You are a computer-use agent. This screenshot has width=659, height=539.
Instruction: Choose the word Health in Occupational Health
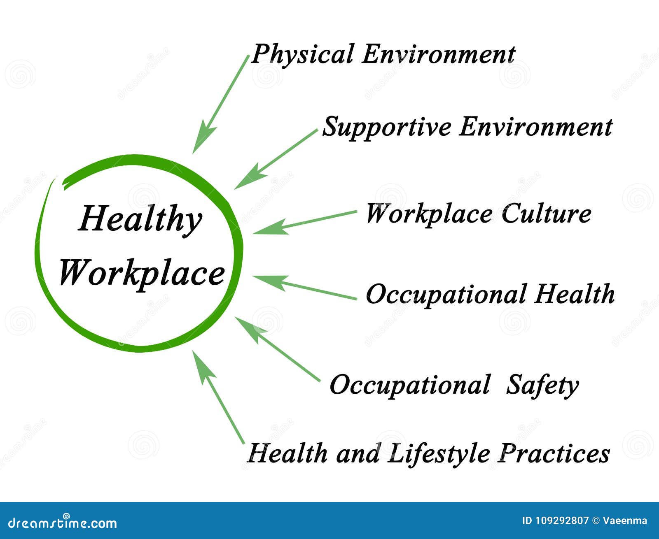click(574, 294)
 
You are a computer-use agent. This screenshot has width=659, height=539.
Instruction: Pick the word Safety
click(542, 386)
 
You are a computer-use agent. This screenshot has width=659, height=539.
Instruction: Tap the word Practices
click(554, 453)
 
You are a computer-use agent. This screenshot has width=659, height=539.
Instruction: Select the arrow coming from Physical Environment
click(220, 105)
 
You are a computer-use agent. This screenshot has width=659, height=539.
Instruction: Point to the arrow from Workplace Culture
click(305, 222)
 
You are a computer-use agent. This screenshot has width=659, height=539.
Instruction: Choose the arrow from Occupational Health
click(305, 287)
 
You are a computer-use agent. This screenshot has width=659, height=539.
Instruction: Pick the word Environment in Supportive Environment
click(535, 127)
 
